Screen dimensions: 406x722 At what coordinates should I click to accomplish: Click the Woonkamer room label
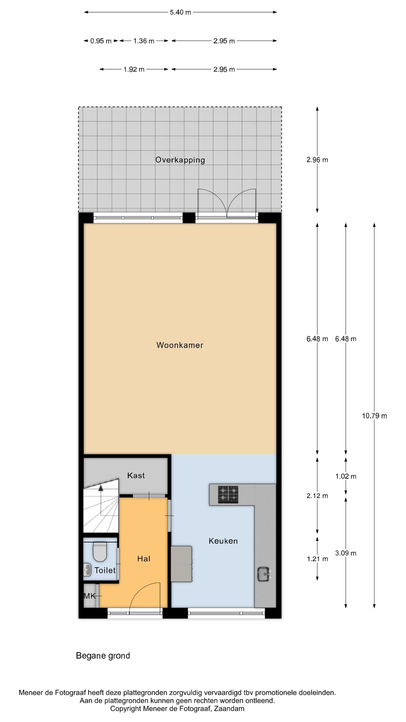pyautogui.click(x=180, y=345)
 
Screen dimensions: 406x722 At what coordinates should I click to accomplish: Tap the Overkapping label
pyautogui.click(x=180, y=160)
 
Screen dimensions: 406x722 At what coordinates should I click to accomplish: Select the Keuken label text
pyautogui.click(x=223, y=541)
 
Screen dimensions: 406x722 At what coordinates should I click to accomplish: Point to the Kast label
pyautogui.click(x=136, y=475)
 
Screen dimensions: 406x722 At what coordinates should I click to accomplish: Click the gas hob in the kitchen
pyautogui.click(x=228, y=495)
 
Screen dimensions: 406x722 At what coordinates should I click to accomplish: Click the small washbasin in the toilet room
pyautogui.click(x=87, y=570)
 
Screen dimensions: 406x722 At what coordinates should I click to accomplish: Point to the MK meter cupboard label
pyautogui.click(x=90, y=596)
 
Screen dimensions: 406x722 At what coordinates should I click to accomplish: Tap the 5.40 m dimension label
pyautogui.click(x=180, y=12)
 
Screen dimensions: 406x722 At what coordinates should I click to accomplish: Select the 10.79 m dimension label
pyautogui.click(x=374, y=416)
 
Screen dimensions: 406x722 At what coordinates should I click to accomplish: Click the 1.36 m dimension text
pyautogui.click(x=144, y=41)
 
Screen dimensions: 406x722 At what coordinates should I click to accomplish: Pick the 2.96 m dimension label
pyautogui.click(x=317, y=160)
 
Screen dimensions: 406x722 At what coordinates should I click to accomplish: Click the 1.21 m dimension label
pyautogui.click(x=317, y=559)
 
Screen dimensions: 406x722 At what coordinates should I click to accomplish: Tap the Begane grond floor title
pyautogui.click(x=103, y=656)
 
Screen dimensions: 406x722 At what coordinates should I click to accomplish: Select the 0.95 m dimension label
pyautogui.click(x=101, y=41)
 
